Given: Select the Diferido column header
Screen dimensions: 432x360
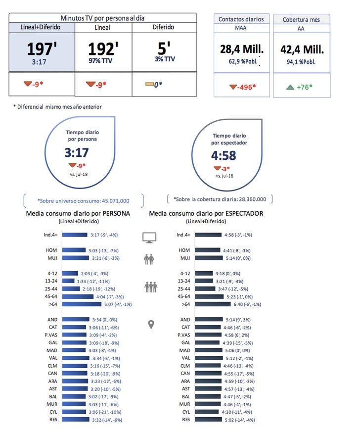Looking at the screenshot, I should (163, 27).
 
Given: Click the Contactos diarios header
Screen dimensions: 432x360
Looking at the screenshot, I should (241, 19).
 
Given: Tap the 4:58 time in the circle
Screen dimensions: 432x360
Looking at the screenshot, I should (224, 156).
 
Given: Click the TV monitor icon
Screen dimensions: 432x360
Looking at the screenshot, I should (149, 237).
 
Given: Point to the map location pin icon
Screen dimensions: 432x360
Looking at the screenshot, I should (151, 325).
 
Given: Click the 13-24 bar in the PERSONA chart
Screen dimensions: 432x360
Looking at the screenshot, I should (71, 281).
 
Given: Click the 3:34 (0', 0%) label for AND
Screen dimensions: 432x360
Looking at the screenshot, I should (104, 320).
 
